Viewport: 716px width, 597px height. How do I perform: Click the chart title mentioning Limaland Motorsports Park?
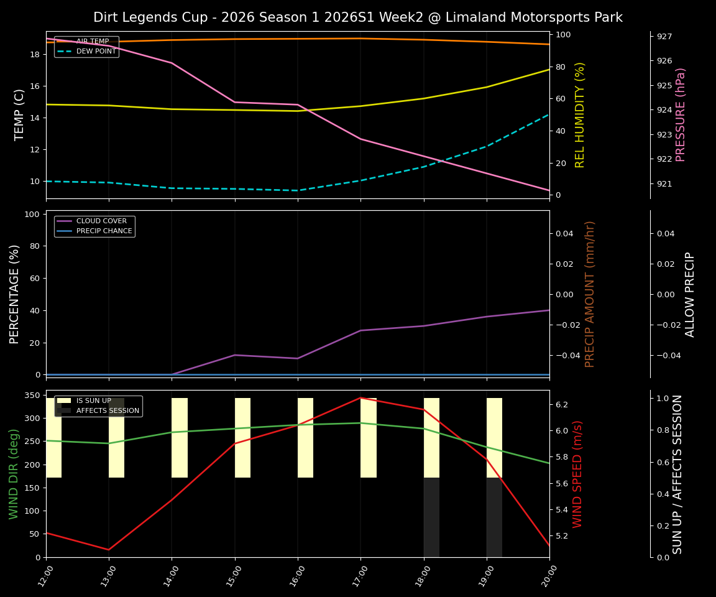pos(357,17)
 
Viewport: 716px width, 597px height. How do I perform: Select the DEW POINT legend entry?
pos(96,51)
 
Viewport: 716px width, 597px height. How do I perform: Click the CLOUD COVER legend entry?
pos(101,221)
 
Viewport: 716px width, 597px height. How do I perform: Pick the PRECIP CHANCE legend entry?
pos(104,231)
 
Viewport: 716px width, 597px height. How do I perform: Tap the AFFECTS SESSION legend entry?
pos(107,410)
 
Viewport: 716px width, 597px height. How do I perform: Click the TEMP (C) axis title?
pos(20,114)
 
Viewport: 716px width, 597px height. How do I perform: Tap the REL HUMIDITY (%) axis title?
pos(580,114)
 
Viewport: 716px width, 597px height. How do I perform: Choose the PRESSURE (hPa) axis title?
pos(681,114)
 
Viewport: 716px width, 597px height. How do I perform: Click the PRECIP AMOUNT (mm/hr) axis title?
pos(590,294)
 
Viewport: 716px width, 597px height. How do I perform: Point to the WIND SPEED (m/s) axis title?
pos(577,473)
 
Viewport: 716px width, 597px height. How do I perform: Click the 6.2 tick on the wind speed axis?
pos(562,404)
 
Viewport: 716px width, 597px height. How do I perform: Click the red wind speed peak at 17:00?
pos(360,398)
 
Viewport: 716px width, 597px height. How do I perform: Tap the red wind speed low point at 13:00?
pos(109,549)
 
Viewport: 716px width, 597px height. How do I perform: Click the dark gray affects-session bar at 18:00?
pos(431,517)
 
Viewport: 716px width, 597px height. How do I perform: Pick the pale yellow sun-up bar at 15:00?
pos(242,438)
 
